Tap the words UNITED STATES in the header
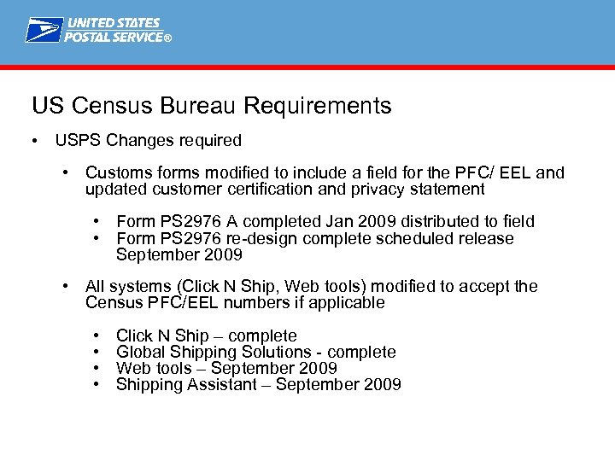114,23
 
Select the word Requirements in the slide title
317,106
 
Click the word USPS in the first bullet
75,140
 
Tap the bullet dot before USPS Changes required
32,140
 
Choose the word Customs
117,173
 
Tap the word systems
136,287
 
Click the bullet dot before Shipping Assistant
97,384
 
